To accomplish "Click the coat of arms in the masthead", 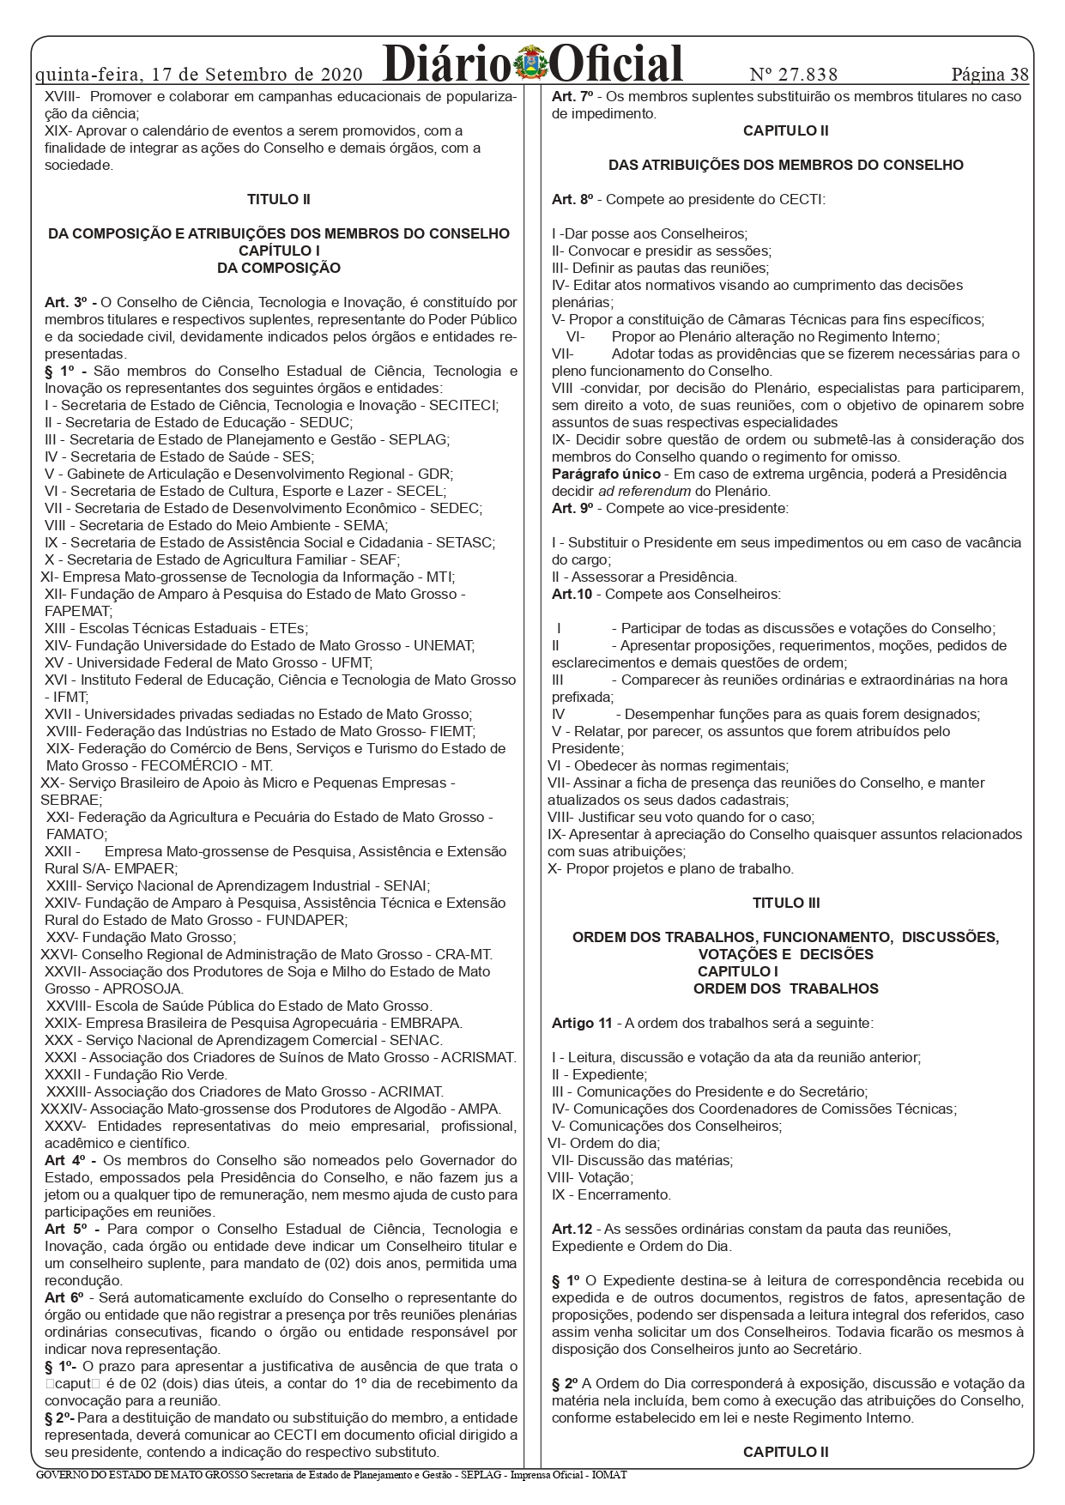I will click(531, 65).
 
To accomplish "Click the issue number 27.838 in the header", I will click(794, 75).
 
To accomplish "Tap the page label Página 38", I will click(989, 75).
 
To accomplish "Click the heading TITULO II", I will click(279, 199).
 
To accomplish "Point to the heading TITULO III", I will click(786, 903).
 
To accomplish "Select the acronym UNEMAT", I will click(444, 645).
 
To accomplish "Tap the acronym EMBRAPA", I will click(426, 1023).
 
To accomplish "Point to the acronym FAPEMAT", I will click(78, 611).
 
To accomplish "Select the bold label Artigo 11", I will click(582, 1023).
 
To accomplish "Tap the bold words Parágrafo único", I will click(606, 474).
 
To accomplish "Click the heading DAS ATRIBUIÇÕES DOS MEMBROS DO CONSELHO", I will click(786, 165).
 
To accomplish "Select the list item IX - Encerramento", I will click(611, 1194).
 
